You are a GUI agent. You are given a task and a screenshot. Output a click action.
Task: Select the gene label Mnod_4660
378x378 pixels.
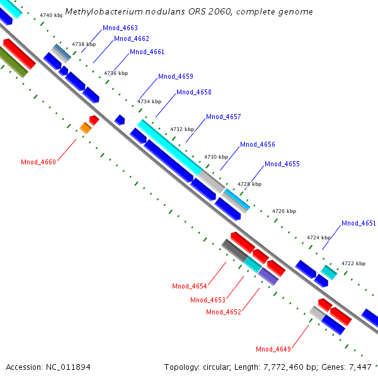pyautogui.click(x=38, y=163)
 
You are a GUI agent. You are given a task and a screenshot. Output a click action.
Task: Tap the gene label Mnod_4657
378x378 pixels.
pyautogui.click(x=224, y=117)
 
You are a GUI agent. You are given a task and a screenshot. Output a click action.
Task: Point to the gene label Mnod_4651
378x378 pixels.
pyautogui.click(x=358, y=223)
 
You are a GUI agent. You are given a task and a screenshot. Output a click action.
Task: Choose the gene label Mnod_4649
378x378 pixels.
pyautogui.click(x=273, y=349)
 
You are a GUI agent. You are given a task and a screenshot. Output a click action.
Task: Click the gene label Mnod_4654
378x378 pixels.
pyautogui.click(x=190, y=286)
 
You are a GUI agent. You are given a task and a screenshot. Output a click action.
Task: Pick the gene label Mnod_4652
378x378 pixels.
pyautogui.click(x=224, y=312)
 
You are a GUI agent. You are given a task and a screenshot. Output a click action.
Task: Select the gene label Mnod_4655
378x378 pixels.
pyautogui.click(x=282, y=164)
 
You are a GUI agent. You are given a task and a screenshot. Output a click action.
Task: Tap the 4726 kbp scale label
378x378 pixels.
pyautogui.click(x=283, y=211)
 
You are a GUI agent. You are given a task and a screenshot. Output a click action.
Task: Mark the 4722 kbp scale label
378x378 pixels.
pyautogui.click(x=353, y=263)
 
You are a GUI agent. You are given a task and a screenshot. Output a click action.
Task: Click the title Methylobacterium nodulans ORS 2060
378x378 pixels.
pyautogui.click(x=189, y=12)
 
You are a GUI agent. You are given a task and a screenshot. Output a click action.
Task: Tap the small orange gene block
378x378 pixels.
pyautogui.click(x=86, y=129)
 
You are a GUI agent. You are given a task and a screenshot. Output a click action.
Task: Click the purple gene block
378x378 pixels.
pyautogui.click(x=268, y=276)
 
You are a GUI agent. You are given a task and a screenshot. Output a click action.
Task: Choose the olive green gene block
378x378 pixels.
pyautogui.click(x=14, y=64)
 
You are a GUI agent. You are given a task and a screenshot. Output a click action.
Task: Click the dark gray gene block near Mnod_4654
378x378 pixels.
pyautogui.click(x=234, y=251)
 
